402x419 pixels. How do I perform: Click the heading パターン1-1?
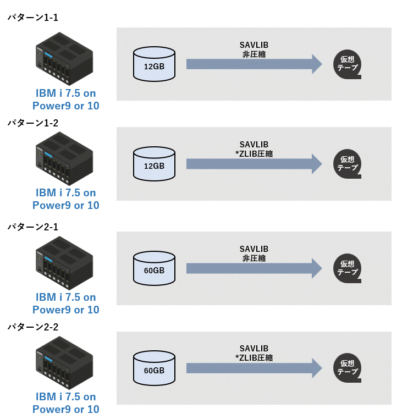click(x=32, y=18)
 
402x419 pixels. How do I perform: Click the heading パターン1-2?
click(x=32, y=123)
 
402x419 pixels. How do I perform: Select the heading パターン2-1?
click(x=32, y=227)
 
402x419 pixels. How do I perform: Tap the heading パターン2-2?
click(x=32, y=327)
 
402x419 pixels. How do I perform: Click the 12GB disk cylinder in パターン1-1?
click(x=154, y=64)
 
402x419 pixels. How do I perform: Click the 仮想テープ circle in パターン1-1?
click(x=348, y=64)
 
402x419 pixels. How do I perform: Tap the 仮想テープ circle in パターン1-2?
click(x=348, y=163)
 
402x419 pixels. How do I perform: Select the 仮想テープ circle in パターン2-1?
click(x=348, y=268)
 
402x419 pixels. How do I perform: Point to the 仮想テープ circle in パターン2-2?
click(x=348, y=367)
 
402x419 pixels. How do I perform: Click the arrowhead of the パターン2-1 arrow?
click(x=316, y=268)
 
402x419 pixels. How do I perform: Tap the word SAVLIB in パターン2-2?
click(x=254, y=349)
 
